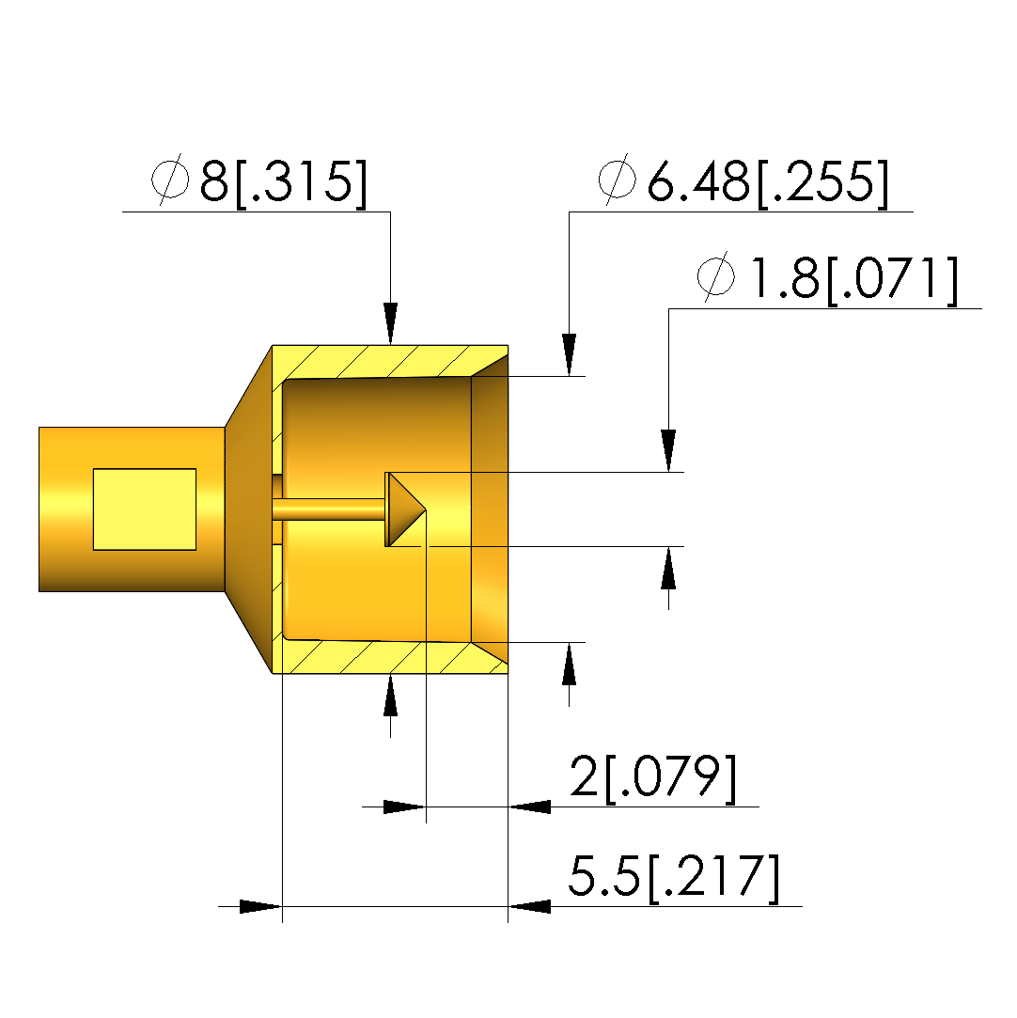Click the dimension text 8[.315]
pos(284,181)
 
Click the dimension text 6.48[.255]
pos(768,181)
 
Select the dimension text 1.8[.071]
pos(854,279)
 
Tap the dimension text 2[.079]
pos(653,777)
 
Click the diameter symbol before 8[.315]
pos(170,180)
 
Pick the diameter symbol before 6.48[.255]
pos(618,180)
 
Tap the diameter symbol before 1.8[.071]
pos(716,276)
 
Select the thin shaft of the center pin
pos(330,509)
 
